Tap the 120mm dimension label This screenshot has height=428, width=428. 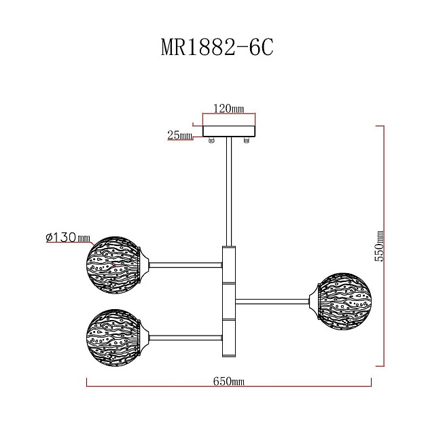(229, 109)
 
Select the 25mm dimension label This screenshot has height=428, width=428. (179, 135)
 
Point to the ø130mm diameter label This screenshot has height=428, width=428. (67, 237)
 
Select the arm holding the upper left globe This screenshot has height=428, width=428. (185, 264)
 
